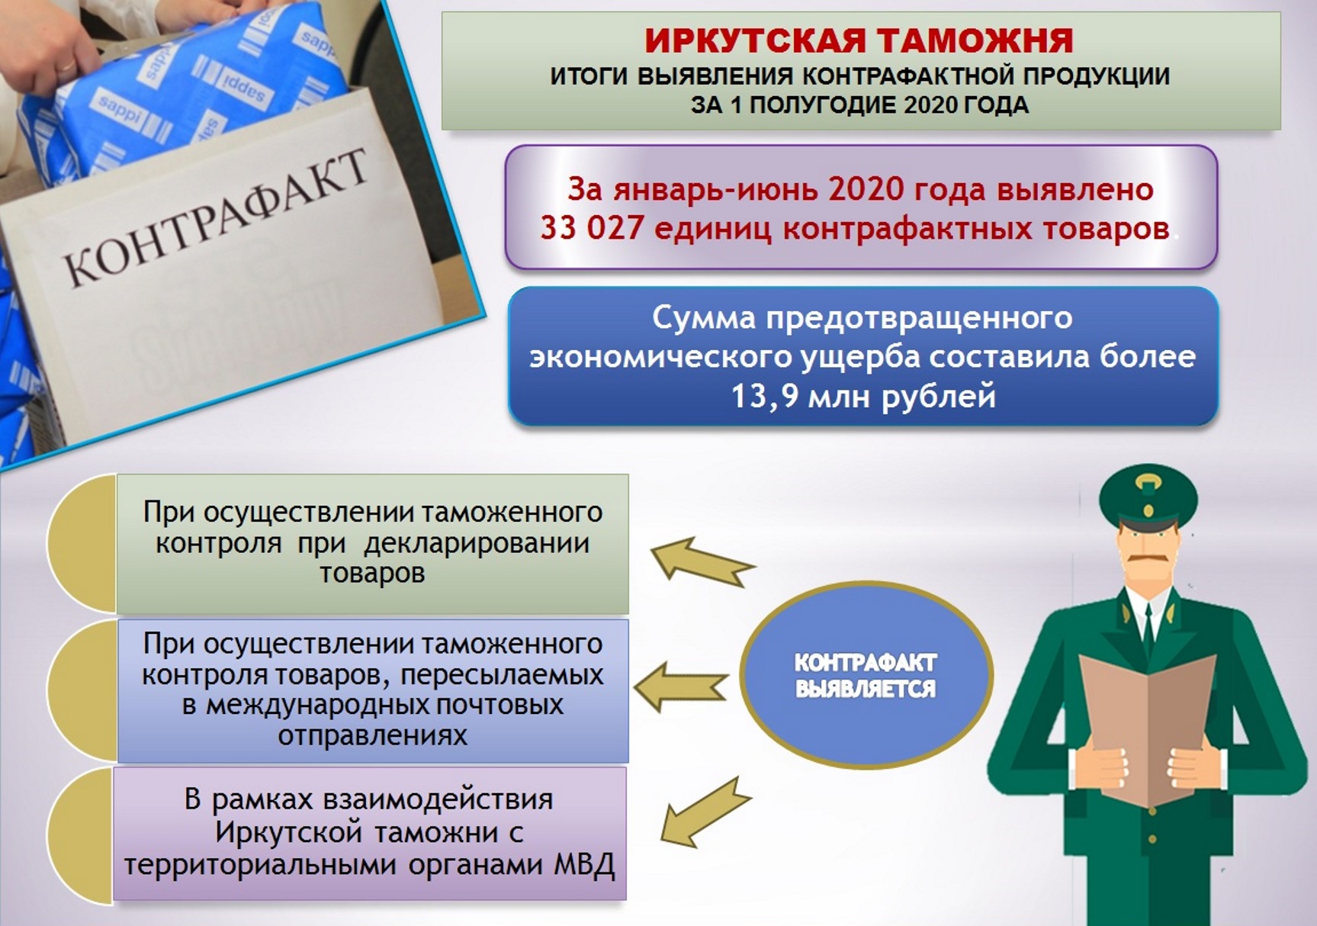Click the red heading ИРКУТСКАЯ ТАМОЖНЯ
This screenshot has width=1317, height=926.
click(859, 40)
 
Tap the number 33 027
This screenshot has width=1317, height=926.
click(592, 228)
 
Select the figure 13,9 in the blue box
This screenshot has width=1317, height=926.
click(763, 397)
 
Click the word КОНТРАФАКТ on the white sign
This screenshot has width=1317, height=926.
click(216, 217)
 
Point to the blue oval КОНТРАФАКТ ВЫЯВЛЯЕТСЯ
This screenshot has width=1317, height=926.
click(866, 674)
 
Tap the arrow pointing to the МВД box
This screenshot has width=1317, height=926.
click(705, 812)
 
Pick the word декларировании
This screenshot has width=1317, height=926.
click(477, 543)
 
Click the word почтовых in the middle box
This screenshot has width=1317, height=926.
click(499, 704)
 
